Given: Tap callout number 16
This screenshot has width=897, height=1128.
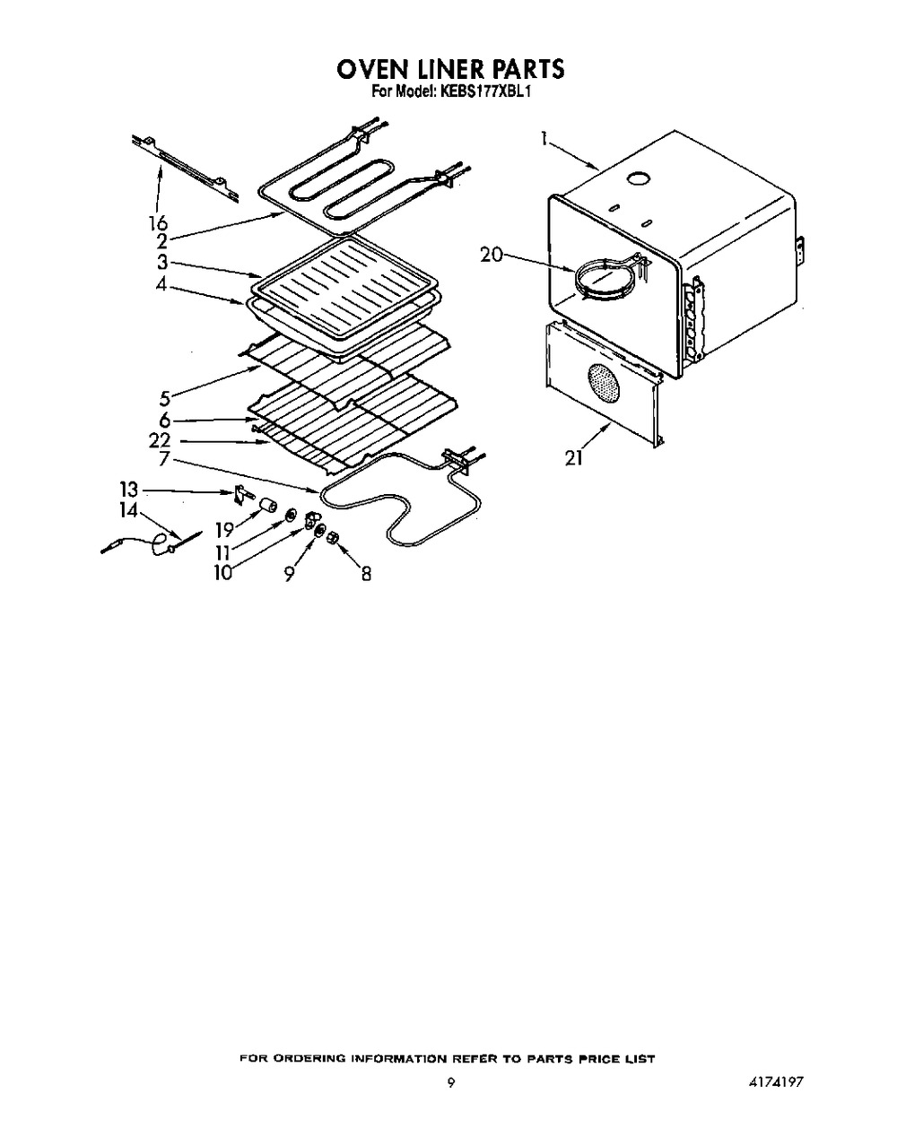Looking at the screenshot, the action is coord(157,222).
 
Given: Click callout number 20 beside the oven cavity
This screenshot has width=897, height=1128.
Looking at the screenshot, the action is coord(492,256).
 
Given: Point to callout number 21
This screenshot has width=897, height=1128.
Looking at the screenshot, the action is coord(574,458).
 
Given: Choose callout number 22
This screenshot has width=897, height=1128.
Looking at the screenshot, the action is coord(160,439).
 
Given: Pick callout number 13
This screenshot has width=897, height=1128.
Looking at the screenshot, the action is coord(129,490).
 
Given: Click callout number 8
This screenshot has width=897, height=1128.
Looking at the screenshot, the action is coord(366,574).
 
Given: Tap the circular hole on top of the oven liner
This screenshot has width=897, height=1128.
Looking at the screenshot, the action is coord(638,178).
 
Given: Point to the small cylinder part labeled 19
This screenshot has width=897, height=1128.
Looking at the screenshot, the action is coord(268,507).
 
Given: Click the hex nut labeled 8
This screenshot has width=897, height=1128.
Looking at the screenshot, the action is coord(333,538).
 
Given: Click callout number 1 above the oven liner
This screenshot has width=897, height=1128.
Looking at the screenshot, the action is coord(545,139).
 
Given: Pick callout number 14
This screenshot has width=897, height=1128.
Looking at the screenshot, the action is coord(129,510).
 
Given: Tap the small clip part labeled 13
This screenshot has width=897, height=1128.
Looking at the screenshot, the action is coord(242,494).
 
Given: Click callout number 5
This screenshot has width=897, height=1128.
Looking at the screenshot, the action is coord(165,399).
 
